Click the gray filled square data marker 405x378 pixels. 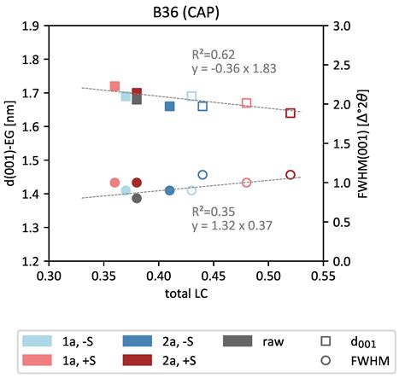137,100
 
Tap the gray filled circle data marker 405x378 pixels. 137,198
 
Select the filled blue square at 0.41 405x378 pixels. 169,106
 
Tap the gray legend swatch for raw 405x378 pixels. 240,340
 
